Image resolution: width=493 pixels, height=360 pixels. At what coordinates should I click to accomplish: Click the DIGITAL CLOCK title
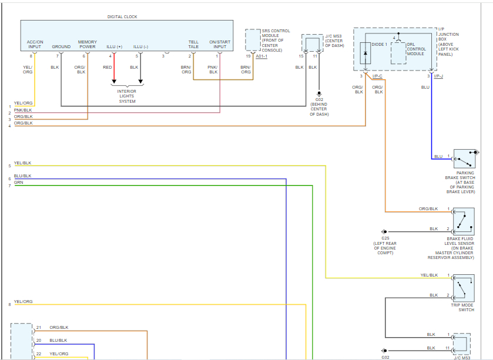click(x=122, y=17)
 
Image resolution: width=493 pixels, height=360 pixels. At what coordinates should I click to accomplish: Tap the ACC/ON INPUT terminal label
click(x=35, y=44)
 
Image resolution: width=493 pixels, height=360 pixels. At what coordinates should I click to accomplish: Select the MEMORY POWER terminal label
click(x=88, y=44)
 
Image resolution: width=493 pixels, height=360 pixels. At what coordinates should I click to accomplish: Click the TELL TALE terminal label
click(x=193, y=44)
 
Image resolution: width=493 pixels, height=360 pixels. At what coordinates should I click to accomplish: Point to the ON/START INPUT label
click(x=220, y=44)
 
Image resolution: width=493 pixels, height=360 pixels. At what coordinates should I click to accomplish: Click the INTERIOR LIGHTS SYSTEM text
click(x=127, y=96)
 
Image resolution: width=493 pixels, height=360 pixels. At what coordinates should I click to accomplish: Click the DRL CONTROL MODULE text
click(x=415, y=49)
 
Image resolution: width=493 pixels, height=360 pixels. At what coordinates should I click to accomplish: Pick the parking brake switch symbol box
click(x=464, y=159)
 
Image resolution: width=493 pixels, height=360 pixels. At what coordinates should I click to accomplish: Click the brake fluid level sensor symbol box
click(x=464, y=221)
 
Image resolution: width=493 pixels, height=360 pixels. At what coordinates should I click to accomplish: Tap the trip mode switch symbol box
click(x=464, y=288)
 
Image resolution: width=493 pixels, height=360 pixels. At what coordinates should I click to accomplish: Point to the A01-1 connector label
click(x=262, y=57)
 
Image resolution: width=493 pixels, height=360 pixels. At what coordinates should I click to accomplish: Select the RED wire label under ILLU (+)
click(x=108, y=68)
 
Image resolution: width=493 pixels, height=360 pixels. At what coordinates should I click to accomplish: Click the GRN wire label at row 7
click(x=19, y=183)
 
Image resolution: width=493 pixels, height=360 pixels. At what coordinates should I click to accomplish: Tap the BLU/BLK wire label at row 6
click(x=23, y=176)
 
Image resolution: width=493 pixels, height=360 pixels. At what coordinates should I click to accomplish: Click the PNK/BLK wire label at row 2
click(x=24, y=110)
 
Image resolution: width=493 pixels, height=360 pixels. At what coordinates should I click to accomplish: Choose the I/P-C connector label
click(x=376, y=76)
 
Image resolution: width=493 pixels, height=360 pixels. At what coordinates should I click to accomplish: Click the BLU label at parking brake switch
click(x=438, y=156)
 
